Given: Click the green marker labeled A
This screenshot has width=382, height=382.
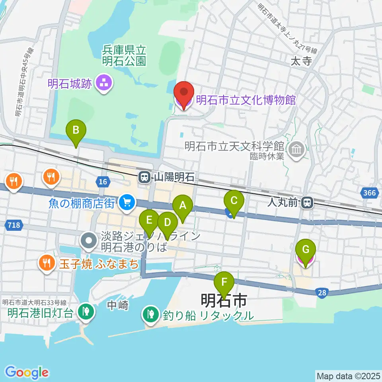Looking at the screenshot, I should coord(183,206).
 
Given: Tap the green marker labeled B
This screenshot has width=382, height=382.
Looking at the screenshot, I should coord(76,130).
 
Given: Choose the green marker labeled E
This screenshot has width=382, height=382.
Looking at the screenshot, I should coord(149,220).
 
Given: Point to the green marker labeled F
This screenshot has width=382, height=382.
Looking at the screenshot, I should coord(224,283).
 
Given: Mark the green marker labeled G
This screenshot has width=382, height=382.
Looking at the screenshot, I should coord(306,250).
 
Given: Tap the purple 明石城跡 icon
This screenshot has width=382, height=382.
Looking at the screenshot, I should coord(105,84).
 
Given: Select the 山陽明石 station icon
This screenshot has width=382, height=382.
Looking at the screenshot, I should coord(144,177).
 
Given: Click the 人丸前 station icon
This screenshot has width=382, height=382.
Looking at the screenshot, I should coord(307,203).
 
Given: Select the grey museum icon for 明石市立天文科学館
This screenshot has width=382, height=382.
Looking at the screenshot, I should coord(297,150).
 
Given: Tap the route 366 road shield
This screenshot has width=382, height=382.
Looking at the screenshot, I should coord(369,193).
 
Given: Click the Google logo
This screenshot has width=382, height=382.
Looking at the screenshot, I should coord(27,372).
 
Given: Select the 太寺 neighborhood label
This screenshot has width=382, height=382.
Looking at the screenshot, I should coord(300,61).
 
